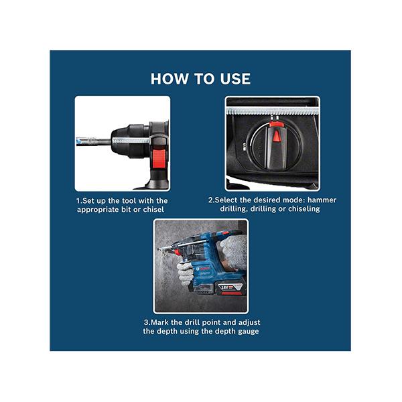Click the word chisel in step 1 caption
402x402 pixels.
(x=153, y=210)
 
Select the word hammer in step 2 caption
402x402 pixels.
(x=322, y=200)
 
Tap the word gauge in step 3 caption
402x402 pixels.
(x=249, y=331)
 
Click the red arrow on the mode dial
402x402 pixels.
(x=276, y=136)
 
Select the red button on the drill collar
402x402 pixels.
(x=159, y=159)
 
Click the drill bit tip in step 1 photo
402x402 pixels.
(x=78, y=141)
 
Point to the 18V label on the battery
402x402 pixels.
(x=224, y=287)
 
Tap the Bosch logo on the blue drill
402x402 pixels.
(x=202, y=269)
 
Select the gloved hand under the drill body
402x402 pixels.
(x=185, y=273)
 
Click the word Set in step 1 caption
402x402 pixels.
(x=87, y=201)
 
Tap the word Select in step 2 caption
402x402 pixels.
(x=226, y=200)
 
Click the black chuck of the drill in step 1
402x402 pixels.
(x=130, y=141)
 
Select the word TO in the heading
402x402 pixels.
(x=204, y=78)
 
